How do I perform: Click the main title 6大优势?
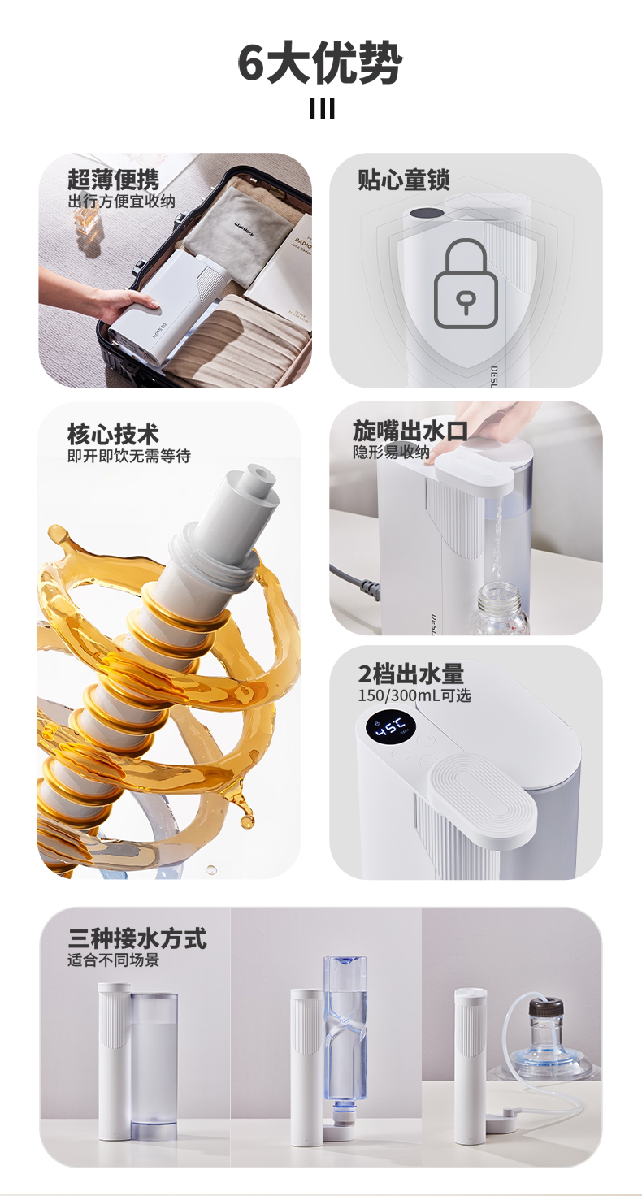point(320,63)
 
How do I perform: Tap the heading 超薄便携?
point(113,180)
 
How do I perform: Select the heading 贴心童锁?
point(403,180)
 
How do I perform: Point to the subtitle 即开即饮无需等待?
point(128,456)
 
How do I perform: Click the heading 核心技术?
point(113,434)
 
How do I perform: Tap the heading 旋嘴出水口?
point(410,431)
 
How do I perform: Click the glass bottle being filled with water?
point(499,609)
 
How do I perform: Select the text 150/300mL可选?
point(414,695)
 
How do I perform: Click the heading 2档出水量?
point(410,674)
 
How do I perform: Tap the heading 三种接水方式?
point(137,938)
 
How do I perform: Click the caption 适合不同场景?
point(113,960)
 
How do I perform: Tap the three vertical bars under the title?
point(322,110)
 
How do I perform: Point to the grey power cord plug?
point(368,588)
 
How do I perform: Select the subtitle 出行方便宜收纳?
point(121,201)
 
